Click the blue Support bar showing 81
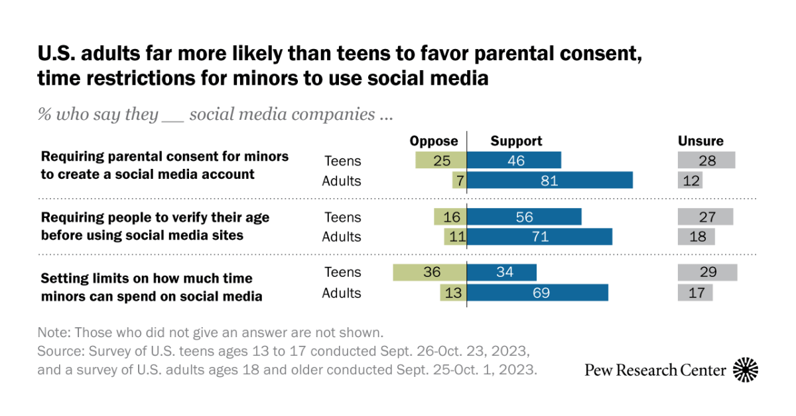[550, 181]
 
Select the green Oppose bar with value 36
[430, 272]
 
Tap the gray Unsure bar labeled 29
[707, 272]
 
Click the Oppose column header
[434, 141]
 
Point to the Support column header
[516, 141]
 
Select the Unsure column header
[700, 141]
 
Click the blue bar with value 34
[501, 272]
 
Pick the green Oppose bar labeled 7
[459, 181]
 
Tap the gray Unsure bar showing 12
[690, 181]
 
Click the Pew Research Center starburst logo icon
[746, 370]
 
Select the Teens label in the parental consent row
[343, 160]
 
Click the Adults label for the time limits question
[342, 293]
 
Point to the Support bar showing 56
[524, 217]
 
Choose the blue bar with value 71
[539, 236]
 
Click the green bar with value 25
[441, 160]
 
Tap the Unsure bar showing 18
[696, 236]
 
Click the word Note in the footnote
[52, 333]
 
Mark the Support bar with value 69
[537, 293]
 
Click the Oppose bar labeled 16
[450, 217]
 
